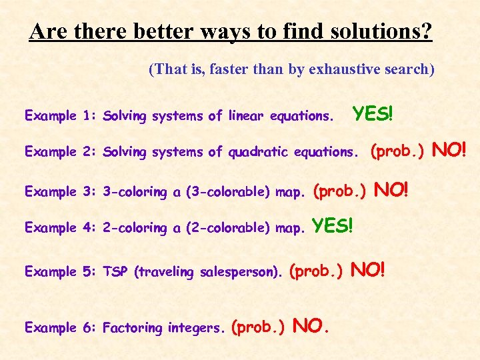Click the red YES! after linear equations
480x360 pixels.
pyautogui.click(x=373, y=114)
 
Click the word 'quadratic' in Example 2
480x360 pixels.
pyautogui.click(x=257, y=152)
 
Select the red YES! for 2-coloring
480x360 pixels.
pyautogui.click(x=333, y=226)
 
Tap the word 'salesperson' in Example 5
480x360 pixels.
pyautogui.click(x=246, y=272)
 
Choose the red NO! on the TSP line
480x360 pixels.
pyautogui.click(x=368, y=270)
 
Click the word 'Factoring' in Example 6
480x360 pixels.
pyautogui.click(x=132, y=328)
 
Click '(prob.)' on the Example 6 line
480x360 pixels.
pyautogui.click(x=258, y=327)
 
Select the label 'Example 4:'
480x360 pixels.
pyautogui.click(x=60, y=228)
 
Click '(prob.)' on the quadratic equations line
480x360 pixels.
pyautogui.click(x=397, y=151)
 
